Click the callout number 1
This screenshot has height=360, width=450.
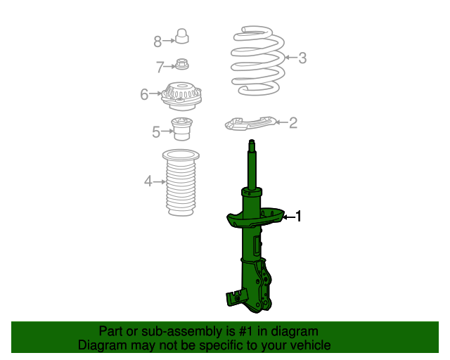point(298,216)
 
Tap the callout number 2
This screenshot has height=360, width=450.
point(293,123)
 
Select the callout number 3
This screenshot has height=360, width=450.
point(302,58)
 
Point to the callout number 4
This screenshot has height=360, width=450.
point(148,181)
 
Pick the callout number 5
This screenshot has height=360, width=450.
point(156,132)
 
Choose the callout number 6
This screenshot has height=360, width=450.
point(144,94)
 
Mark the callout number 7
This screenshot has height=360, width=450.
point(160,67)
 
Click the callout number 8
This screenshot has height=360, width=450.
point(157,41)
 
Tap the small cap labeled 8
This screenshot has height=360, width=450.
point(181,36)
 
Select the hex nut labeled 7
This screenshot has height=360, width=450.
point(181,64)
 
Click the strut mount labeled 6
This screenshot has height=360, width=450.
point(181,96)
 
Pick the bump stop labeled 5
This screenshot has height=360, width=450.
point(182,129)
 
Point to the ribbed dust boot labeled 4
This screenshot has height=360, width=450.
point(181,183)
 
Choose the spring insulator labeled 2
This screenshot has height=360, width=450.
point(250,124)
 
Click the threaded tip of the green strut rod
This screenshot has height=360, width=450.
point(252,143)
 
